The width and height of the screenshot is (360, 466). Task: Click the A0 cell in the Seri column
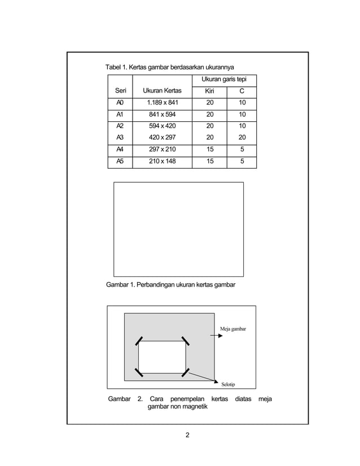pyautogui.click(x=120, y=103)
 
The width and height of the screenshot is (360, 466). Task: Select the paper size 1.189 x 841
pyautogui.click(x=162, y=103)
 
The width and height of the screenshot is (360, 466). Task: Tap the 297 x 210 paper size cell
pyautogui.click(x=162, y=150)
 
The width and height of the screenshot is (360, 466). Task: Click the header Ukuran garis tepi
pyautogui.click(x=224, y=80)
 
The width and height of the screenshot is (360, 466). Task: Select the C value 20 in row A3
pyautogui.click(x=242, y=137)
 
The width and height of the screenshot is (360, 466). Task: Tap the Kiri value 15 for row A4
pyautogui.click(x=209, y=150)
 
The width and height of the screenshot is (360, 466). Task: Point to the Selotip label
pyautogui.click(x=228, y=384)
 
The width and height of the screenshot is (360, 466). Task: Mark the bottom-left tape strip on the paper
pyautogui.click(x=138, y=372)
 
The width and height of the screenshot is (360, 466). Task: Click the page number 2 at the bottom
pyautogui.click(x=187, y=435)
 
